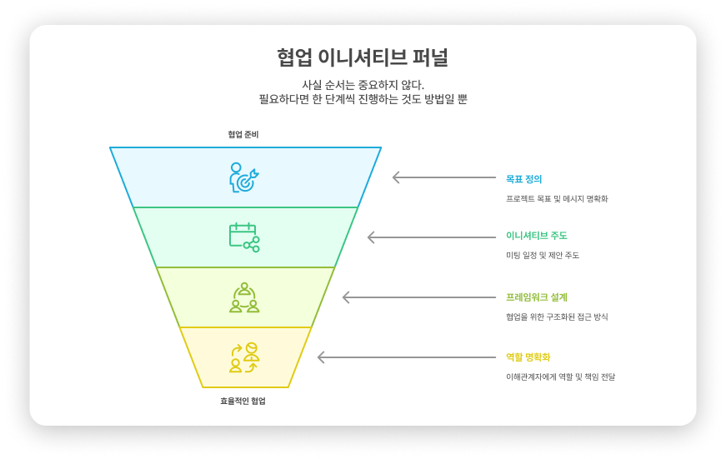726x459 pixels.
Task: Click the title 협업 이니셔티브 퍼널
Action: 363,57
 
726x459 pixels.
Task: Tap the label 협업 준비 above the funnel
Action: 243,134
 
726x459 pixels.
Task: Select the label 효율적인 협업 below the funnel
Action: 243,401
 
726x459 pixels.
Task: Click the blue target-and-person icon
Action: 244,177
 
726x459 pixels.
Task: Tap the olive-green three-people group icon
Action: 244,297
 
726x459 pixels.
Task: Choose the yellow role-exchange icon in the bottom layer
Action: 244,357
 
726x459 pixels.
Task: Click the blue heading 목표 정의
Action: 524,178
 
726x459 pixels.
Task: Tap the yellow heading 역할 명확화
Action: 528,357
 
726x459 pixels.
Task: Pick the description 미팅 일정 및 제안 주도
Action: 542,255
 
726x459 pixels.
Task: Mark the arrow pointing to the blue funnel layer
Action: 443,177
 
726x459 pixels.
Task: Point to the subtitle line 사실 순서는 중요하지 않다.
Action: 363,85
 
